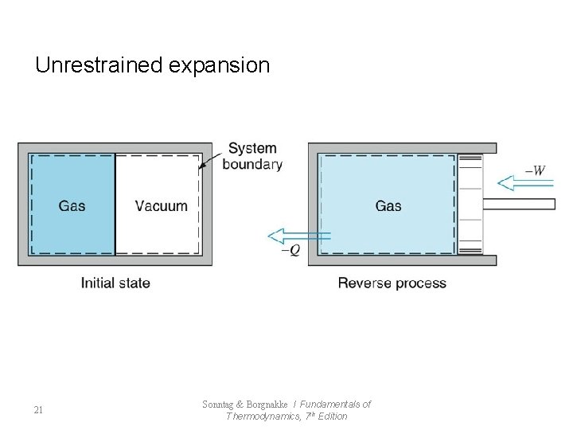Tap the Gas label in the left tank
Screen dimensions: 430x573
72,205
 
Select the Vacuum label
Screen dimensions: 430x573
162,205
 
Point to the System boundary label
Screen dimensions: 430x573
252,156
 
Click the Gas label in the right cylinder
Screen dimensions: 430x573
388,205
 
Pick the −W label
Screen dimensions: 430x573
536,170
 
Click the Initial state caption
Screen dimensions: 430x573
115,283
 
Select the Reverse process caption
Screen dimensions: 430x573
392,283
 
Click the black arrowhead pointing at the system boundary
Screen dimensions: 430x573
204,166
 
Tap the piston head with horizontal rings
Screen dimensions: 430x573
470,205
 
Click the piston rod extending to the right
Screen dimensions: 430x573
518,204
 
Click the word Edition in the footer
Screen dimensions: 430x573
332,416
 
